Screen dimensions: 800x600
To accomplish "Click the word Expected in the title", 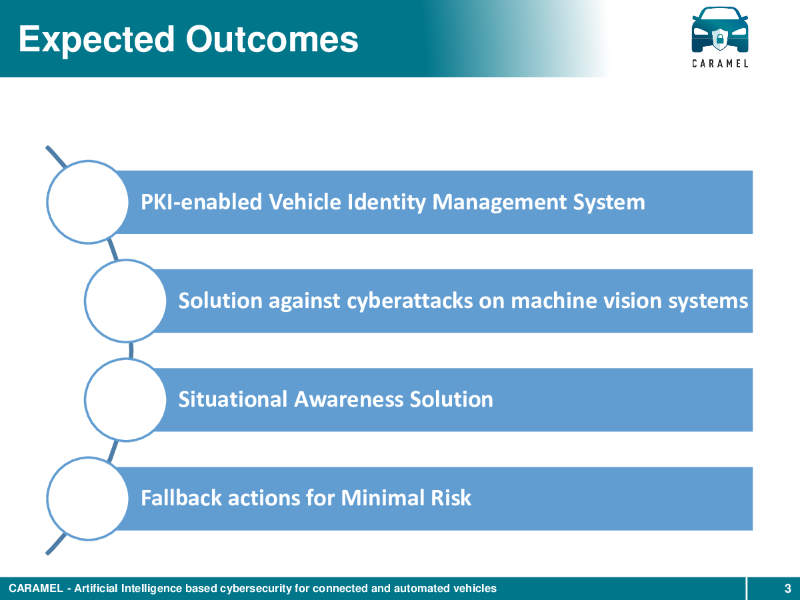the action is coord(97,41).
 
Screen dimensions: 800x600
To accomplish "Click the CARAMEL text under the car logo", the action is coord(720,64).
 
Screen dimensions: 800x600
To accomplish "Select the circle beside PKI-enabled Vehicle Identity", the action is coord(88,202).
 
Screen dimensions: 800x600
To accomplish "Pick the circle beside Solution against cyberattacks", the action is coord(126,301).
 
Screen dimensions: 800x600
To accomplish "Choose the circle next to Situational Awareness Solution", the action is coord(126,399).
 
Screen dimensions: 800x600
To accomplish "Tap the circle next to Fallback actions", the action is coord(88,499).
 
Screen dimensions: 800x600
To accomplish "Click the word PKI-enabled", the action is coord(201,202).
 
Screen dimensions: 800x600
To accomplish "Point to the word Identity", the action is coord(386,203).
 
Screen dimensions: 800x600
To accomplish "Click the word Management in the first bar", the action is coord(499,203).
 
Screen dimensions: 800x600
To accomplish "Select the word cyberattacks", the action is coord(409,301).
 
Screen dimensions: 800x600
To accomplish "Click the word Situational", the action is coord(233,399).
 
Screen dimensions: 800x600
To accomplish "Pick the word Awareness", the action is coord(349,399).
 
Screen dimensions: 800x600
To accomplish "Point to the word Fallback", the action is coord(181,498).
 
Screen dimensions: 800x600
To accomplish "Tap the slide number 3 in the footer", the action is coord(787,589).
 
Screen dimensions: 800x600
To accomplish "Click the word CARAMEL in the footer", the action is coord(36,589).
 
